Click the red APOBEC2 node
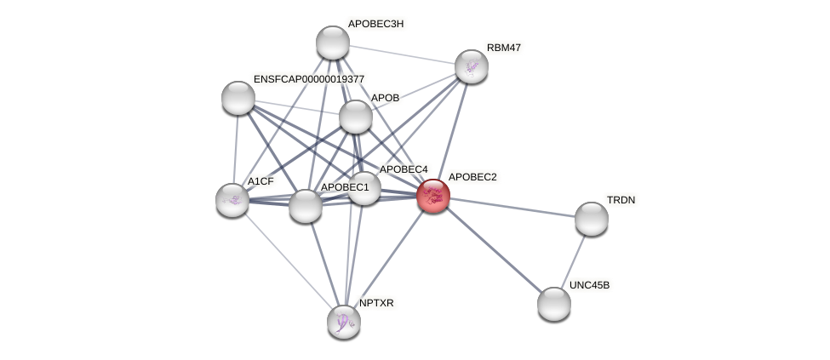click(x=433, y=196)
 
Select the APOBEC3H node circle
click(x=333, y=43)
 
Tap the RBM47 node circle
click(x=471, y=66)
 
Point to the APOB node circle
click(x=356, y=117)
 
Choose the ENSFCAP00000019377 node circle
click(x=238, y=98)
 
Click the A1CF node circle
click(x=232, y=200)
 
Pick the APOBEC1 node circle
click(x=306, y=206)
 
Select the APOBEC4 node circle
click(x=364, y=189)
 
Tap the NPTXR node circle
click(x=344, y=322)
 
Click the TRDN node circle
click(x=592, y=219)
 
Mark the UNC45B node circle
click(x=554, y=304)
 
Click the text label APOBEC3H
click(x=375, y=24)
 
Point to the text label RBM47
click(x=504, y=48)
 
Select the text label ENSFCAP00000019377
click(x=309, y=79)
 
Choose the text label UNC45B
click(x=589, y=285)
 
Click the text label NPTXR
click(x=376, y=303)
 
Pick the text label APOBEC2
click(x=472, y=177)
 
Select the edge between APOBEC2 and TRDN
click(x=512, y=207)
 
